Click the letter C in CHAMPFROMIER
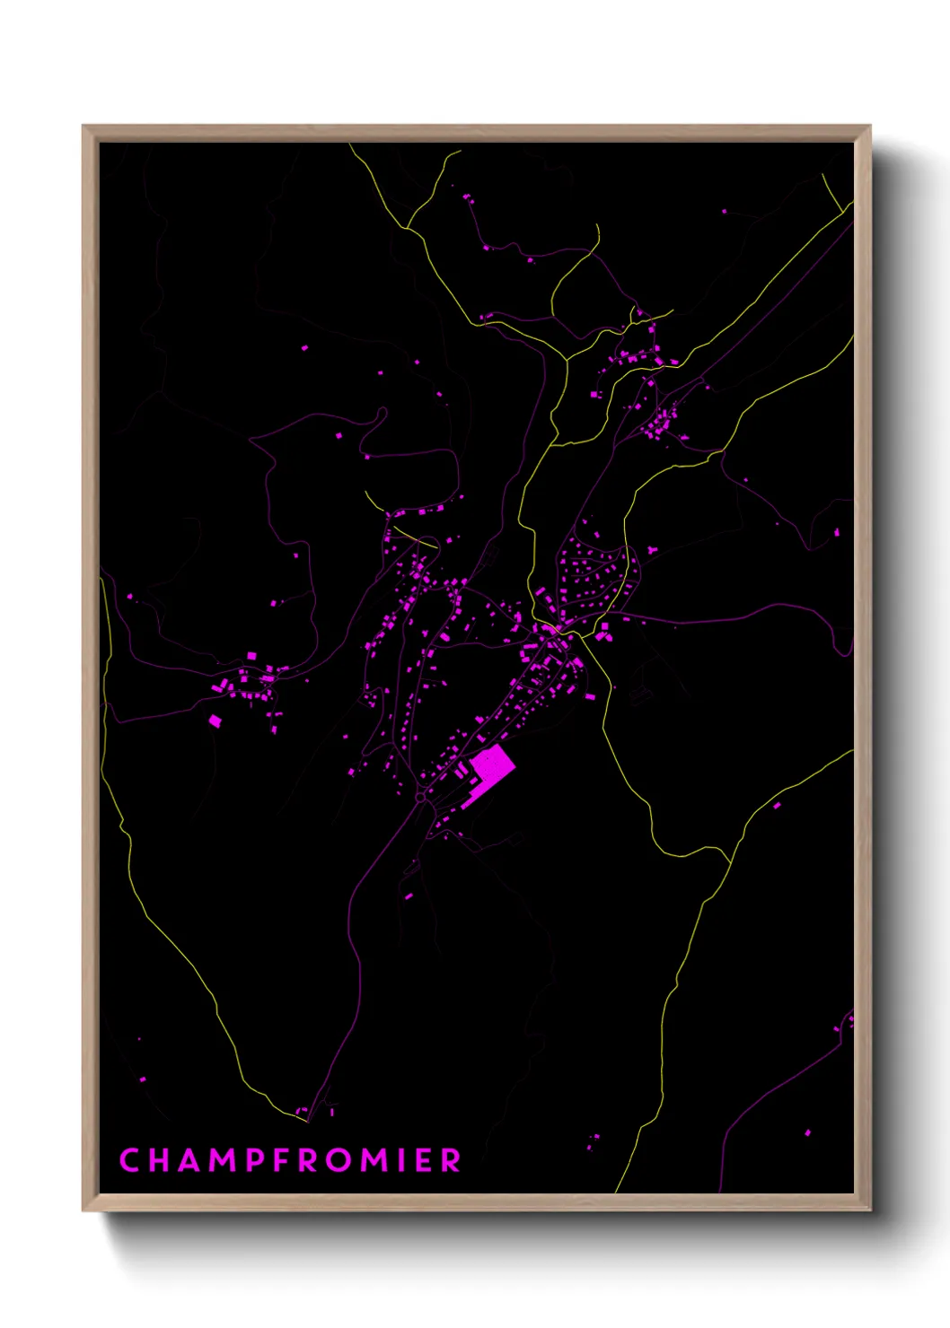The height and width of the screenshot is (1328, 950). pyautogui.click(x=130, y=1160)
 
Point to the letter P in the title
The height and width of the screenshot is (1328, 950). pyautogui.click(x=258, y=1160)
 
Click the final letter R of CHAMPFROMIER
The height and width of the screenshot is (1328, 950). pyautogui.click(x=451, y=1160)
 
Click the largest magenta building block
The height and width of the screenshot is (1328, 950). pyautogui.click(x=493, y=765)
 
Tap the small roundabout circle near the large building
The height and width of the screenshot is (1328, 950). pyautogui.click(x=420, y=796)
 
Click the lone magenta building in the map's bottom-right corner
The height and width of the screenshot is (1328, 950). pyautogui.click(x=807, y=1133)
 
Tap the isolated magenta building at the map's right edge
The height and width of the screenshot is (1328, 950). pyautogui.click(x=837, y=533)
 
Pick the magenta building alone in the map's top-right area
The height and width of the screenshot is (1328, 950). pyautogui.click(x=725, y=212)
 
